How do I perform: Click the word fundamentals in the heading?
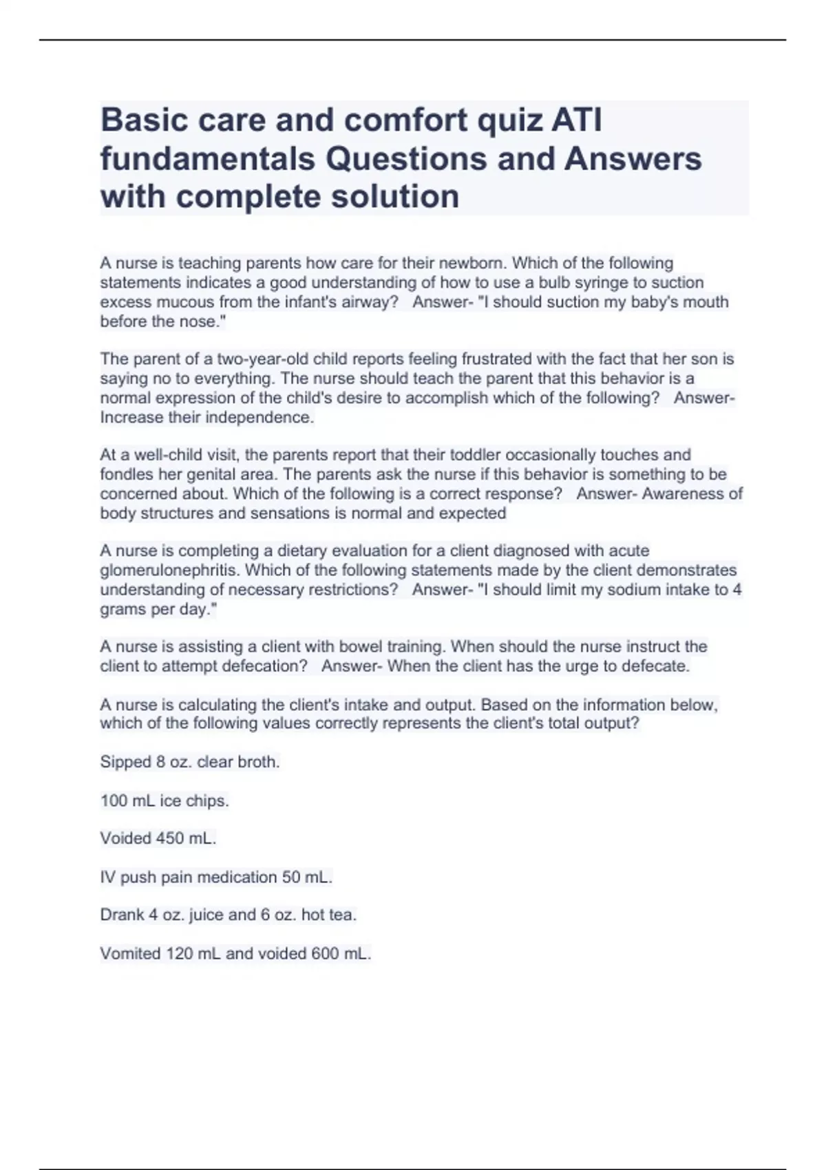tap(207, 158)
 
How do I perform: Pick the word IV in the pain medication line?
tap(107, 877)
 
